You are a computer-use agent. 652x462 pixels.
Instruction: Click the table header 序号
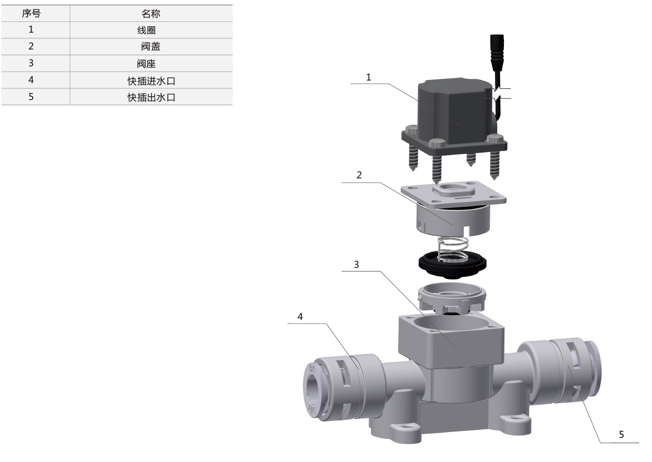(31, 13)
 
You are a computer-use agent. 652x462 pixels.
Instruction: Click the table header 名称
(151, 14)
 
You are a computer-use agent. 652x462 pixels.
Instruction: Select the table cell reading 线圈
(146, 30)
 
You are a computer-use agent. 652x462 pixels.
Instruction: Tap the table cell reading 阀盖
(151, 46)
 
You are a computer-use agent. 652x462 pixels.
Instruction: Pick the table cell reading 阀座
(146, 64)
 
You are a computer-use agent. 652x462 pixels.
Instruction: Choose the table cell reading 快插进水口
(151, 81)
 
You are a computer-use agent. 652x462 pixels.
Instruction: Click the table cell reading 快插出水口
(151, 97)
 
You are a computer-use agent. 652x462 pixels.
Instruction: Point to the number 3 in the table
(31, 63)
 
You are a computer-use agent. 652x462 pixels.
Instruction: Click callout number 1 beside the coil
(369, 77)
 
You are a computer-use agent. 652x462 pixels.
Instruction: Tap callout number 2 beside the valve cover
(359, 175)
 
